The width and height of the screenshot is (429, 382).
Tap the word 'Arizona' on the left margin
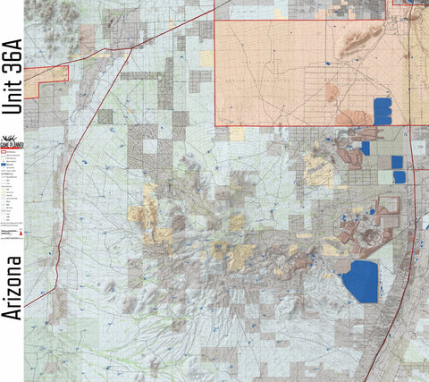[x=12, y=288]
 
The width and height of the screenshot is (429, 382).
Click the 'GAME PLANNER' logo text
[x=13, y=144]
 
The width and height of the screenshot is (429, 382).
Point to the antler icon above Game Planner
[x=13, y=135]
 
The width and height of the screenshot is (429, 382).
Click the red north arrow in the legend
[x=21, y=233]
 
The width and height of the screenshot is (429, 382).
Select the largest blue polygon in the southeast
[x=359, y=283]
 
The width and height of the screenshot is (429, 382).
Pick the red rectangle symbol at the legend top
[x=4, y=152]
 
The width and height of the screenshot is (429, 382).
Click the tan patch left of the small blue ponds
[x=319, y=167]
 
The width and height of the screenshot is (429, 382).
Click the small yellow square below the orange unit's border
[x=237, y=133]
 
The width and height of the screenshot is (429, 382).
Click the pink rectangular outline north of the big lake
[x=389, y=208]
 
